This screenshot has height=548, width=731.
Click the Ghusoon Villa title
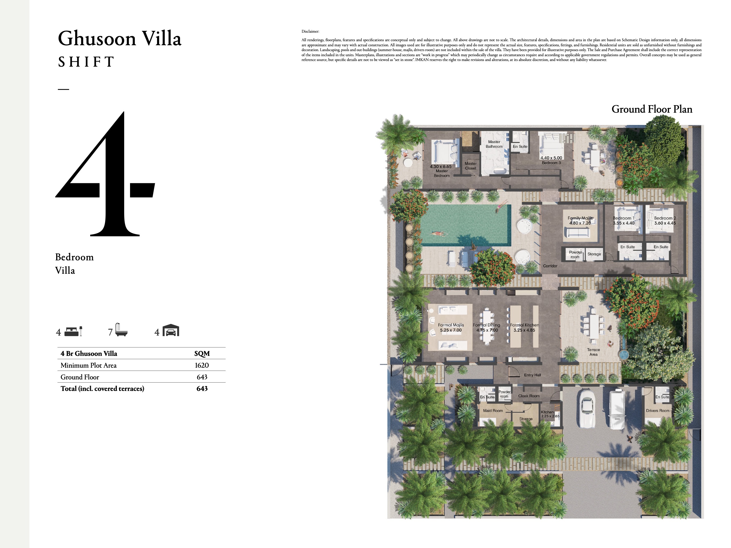coord(120,39)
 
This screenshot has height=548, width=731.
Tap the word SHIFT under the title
coord(86,62)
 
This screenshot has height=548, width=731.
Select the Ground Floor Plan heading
coord(652,109)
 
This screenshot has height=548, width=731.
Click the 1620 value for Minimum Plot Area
coord(201,365)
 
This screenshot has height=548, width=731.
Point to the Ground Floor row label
coord(80,377)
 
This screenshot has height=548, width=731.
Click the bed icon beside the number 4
coord(73,331)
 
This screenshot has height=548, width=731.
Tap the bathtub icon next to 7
coord(121,330)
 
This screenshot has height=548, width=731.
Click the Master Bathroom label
coord(494,144)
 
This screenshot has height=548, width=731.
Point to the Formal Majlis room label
coord(451,325)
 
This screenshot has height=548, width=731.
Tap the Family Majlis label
coord(580,218)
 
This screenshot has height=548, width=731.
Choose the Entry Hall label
coord(532,375)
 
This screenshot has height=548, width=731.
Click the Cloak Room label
coord(529,396)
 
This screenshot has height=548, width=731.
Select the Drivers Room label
coord(657,410)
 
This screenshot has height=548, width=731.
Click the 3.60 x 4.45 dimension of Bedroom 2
coord(665,223)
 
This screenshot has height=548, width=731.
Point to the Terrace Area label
coord(593,352)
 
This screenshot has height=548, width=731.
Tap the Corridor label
coord(550,266)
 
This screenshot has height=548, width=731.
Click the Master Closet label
coord(471,166)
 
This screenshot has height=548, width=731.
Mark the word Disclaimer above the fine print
coord(310,31)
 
